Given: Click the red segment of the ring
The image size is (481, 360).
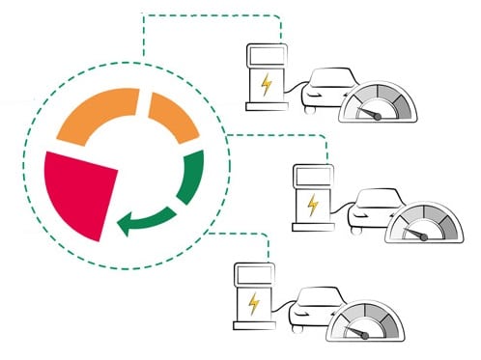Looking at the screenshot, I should click(x=79, y=193).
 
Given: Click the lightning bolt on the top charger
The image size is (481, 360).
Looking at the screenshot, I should click(x=266, y=84).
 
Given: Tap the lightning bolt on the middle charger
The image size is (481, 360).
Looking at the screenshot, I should click(x=312, y=206).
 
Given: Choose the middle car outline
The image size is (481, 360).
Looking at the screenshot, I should click(x=372, y=208).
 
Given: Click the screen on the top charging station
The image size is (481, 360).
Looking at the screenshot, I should click(x=267, y=53).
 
